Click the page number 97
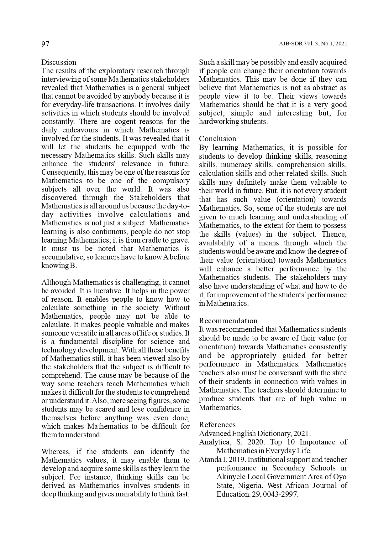coord(45,44)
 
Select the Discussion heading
coord(59,62)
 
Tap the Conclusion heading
coord(218,139)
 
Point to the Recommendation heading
coord(228,321)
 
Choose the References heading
coord(217,425)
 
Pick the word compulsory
coord(171,181)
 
